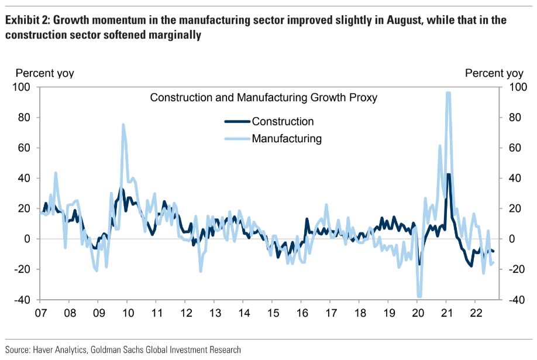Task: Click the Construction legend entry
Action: pos(283,122)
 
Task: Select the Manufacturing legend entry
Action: pos(287,139)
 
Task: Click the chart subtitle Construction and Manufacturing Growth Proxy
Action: pos(263,98)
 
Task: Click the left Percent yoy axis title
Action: pos(44,73)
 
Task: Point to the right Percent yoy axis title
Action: pos(494,73)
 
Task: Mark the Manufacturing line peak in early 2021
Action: pos(448,93)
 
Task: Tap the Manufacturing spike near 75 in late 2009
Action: pos(123,125)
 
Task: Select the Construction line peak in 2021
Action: pos(448,174)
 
